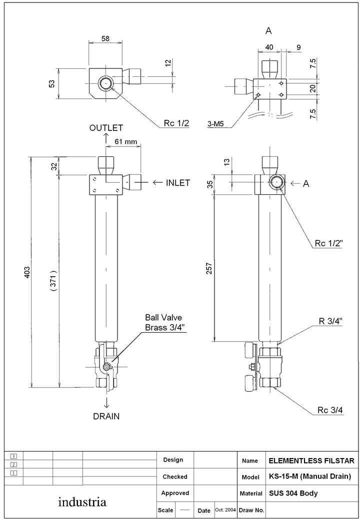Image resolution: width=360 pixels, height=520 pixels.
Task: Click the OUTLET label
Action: pyautogui.click(x=106, y=128)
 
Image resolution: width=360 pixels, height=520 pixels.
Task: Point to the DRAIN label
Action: pyautogui.click(x=106, y=416)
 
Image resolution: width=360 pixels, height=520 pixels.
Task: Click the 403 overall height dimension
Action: pyautogui.click(x=27, y=272)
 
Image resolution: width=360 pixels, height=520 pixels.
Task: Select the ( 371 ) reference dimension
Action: pyautogui.click(x=53, y=281)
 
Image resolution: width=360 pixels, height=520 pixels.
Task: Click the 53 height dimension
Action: pyautogui.click(x=52, y=83)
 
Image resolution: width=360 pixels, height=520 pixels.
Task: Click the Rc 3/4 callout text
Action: pyautogui.click(x=329, y=411)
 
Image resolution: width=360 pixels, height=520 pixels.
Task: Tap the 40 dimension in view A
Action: pyautogui.click(x=269, y=47)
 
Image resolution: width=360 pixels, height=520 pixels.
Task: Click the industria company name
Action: pyautogui.click(x=82, y=502)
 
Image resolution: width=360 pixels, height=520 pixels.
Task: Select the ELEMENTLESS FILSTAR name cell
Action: pyautogui.click(x=311, y=460)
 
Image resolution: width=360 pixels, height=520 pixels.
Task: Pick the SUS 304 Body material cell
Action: pyautogui.click(x=293, y=494)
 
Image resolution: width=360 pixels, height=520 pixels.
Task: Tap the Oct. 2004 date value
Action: pyautogui.click(x=225, y=510)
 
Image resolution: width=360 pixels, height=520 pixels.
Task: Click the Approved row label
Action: pyautogui.click(x=175, y=493)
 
